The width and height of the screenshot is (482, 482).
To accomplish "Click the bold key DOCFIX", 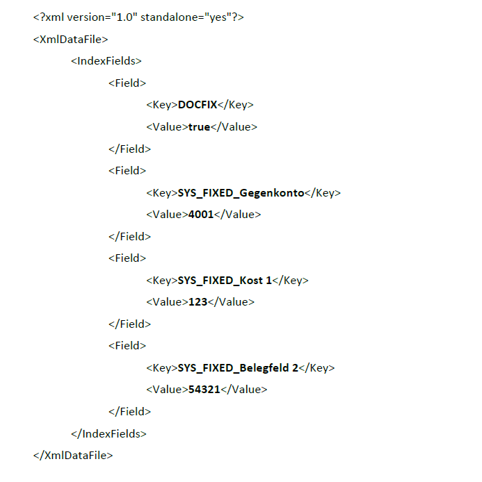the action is coord(198,105).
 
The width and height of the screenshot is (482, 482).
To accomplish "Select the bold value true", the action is coord(199,127).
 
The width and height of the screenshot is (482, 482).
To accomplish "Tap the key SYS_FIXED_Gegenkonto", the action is coord(241,193).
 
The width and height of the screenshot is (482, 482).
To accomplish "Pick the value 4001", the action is coord(201,214).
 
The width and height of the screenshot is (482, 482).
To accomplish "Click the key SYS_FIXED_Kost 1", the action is coord(225,281).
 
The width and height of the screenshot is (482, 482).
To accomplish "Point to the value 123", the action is coord(198,302).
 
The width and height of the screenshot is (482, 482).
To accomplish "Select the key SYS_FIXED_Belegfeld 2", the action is coord(239,368).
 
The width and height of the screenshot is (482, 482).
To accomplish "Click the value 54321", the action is coord(204,390).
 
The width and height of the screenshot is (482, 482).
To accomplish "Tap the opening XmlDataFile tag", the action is coord(70,40).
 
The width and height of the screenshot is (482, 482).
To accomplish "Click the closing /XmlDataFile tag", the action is coord(73,455).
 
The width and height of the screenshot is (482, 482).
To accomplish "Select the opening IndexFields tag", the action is coord(106,61).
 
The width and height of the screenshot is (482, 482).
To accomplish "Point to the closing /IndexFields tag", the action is coord(109,434).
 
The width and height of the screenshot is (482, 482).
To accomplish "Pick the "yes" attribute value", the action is coord(218,17).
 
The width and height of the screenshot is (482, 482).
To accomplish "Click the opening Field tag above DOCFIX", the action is coord(127,83).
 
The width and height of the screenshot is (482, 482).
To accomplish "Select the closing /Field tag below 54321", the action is coord(129,412).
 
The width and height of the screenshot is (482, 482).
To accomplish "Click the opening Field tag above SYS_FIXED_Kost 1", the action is coord(127,258).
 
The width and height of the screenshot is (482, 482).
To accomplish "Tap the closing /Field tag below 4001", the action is coord(129,237).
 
